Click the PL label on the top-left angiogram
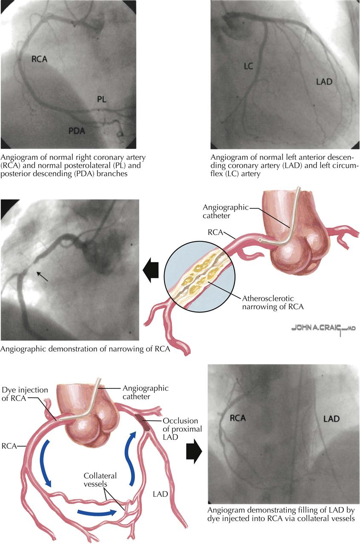(x=101, y=100)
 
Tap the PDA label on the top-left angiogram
(x=77, y=131)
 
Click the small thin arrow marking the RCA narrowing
(x=42, y=277)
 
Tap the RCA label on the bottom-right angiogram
(x=237, y=418)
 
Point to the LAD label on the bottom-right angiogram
(x=331, y=419)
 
